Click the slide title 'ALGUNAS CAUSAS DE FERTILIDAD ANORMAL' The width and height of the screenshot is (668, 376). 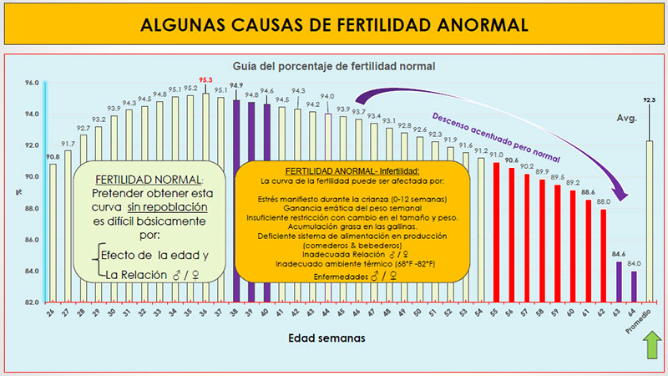coord(334,24)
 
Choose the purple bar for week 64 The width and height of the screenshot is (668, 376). coord(634,286)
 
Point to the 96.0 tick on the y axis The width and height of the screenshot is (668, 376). coord(32,82)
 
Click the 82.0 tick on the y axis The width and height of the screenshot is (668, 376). coord(32,302)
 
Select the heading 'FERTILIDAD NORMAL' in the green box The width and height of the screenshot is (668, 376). coord(148,180)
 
